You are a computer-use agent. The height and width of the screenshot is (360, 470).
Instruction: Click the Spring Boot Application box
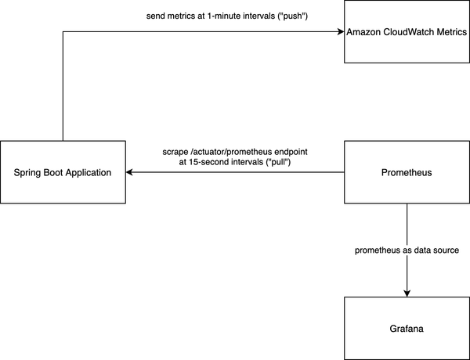pos(63,172)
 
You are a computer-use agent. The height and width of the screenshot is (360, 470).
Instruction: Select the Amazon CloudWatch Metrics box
pos(407,31)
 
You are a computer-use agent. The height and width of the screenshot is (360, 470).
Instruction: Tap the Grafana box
pos(407,329)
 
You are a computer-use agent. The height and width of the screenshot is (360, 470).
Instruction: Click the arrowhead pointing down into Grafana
pos(407,293)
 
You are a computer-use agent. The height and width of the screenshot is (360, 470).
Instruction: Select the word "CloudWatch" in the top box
pos(412,31)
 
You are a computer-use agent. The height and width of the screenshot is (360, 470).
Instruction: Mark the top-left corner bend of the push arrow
pos(63,31)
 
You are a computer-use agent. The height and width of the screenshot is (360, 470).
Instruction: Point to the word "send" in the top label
pos(157,16)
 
